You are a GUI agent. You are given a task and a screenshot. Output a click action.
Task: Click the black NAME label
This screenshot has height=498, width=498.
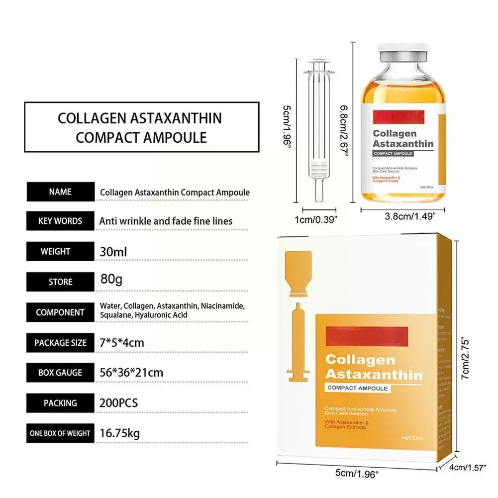[60, 192]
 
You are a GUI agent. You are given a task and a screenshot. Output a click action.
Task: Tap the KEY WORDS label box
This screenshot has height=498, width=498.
[60, 221]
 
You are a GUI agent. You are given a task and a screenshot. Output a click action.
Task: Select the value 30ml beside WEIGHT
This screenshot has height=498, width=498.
[113, 252]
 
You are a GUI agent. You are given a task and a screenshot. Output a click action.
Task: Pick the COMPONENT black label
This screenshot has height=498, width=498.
[60, 312]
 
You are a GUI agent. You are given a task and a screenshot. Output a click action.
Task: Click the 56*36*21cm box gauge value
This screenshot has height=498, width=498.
[131, 372]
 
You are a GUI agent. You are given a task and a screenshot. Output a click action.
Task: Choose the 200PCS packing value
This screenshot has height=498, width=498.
[119, 402]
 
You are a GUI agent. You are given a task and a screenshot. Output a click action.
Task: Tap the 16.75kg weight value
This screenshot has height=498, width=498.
[120, 433]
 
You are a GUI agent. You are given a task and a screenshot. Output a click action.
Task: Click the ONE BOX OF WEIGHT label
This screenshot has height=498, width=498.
[60, 433]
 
